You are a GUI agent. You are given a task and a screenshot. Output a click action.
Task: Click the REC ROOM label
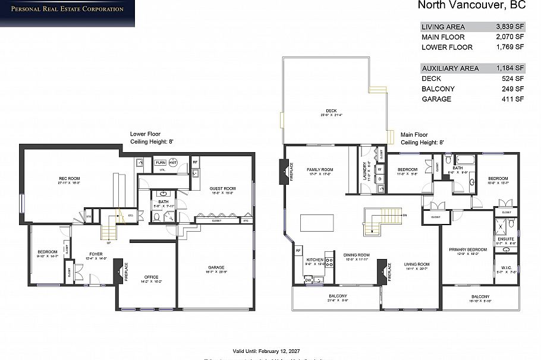coord(70,178)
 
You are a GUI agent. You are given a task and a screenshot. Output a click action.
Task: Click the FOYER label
coord(96,254)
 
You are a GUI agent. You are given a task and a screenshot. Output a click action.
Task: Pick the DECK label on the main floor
coord(331,110)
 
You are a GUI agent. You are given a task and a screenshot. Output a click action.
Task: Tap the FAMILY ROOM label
coord(320,169)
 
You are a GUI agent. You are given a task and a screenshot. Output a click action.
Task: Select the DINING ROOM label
coord(357,255)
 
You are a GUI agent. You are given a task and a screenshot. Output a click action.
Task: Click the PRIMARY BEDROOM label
coord(463,250)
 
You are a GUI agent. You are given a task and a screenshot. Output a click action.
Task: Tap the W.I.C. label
coord(506,267)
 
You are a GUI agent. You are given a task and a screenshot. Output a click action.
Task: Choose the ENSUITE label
coord(506,239)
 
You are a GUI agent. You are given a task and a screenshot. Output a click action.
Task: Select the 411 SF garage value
coord(514,99)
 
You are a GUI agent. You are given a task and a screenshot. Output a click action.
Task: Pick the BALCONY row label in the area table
coord(438,89)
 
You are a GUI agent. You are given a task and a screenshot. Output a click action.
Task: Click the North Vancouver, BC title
coord(471,6)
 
